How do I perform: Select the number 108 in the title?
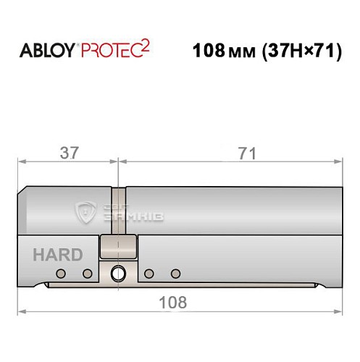tap(209, 52)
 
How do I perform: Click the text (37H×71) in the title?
tap(297, 52)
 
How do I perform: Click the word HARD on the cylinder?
tap(57, 255)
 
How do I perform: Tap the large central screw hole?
tap(118, 274)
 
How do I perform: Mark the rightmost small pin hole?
tap(175, 274)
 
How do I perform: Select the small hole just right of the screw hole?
tap(148, 274)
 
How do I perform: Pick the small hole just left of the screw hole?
tap(88, 274)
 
